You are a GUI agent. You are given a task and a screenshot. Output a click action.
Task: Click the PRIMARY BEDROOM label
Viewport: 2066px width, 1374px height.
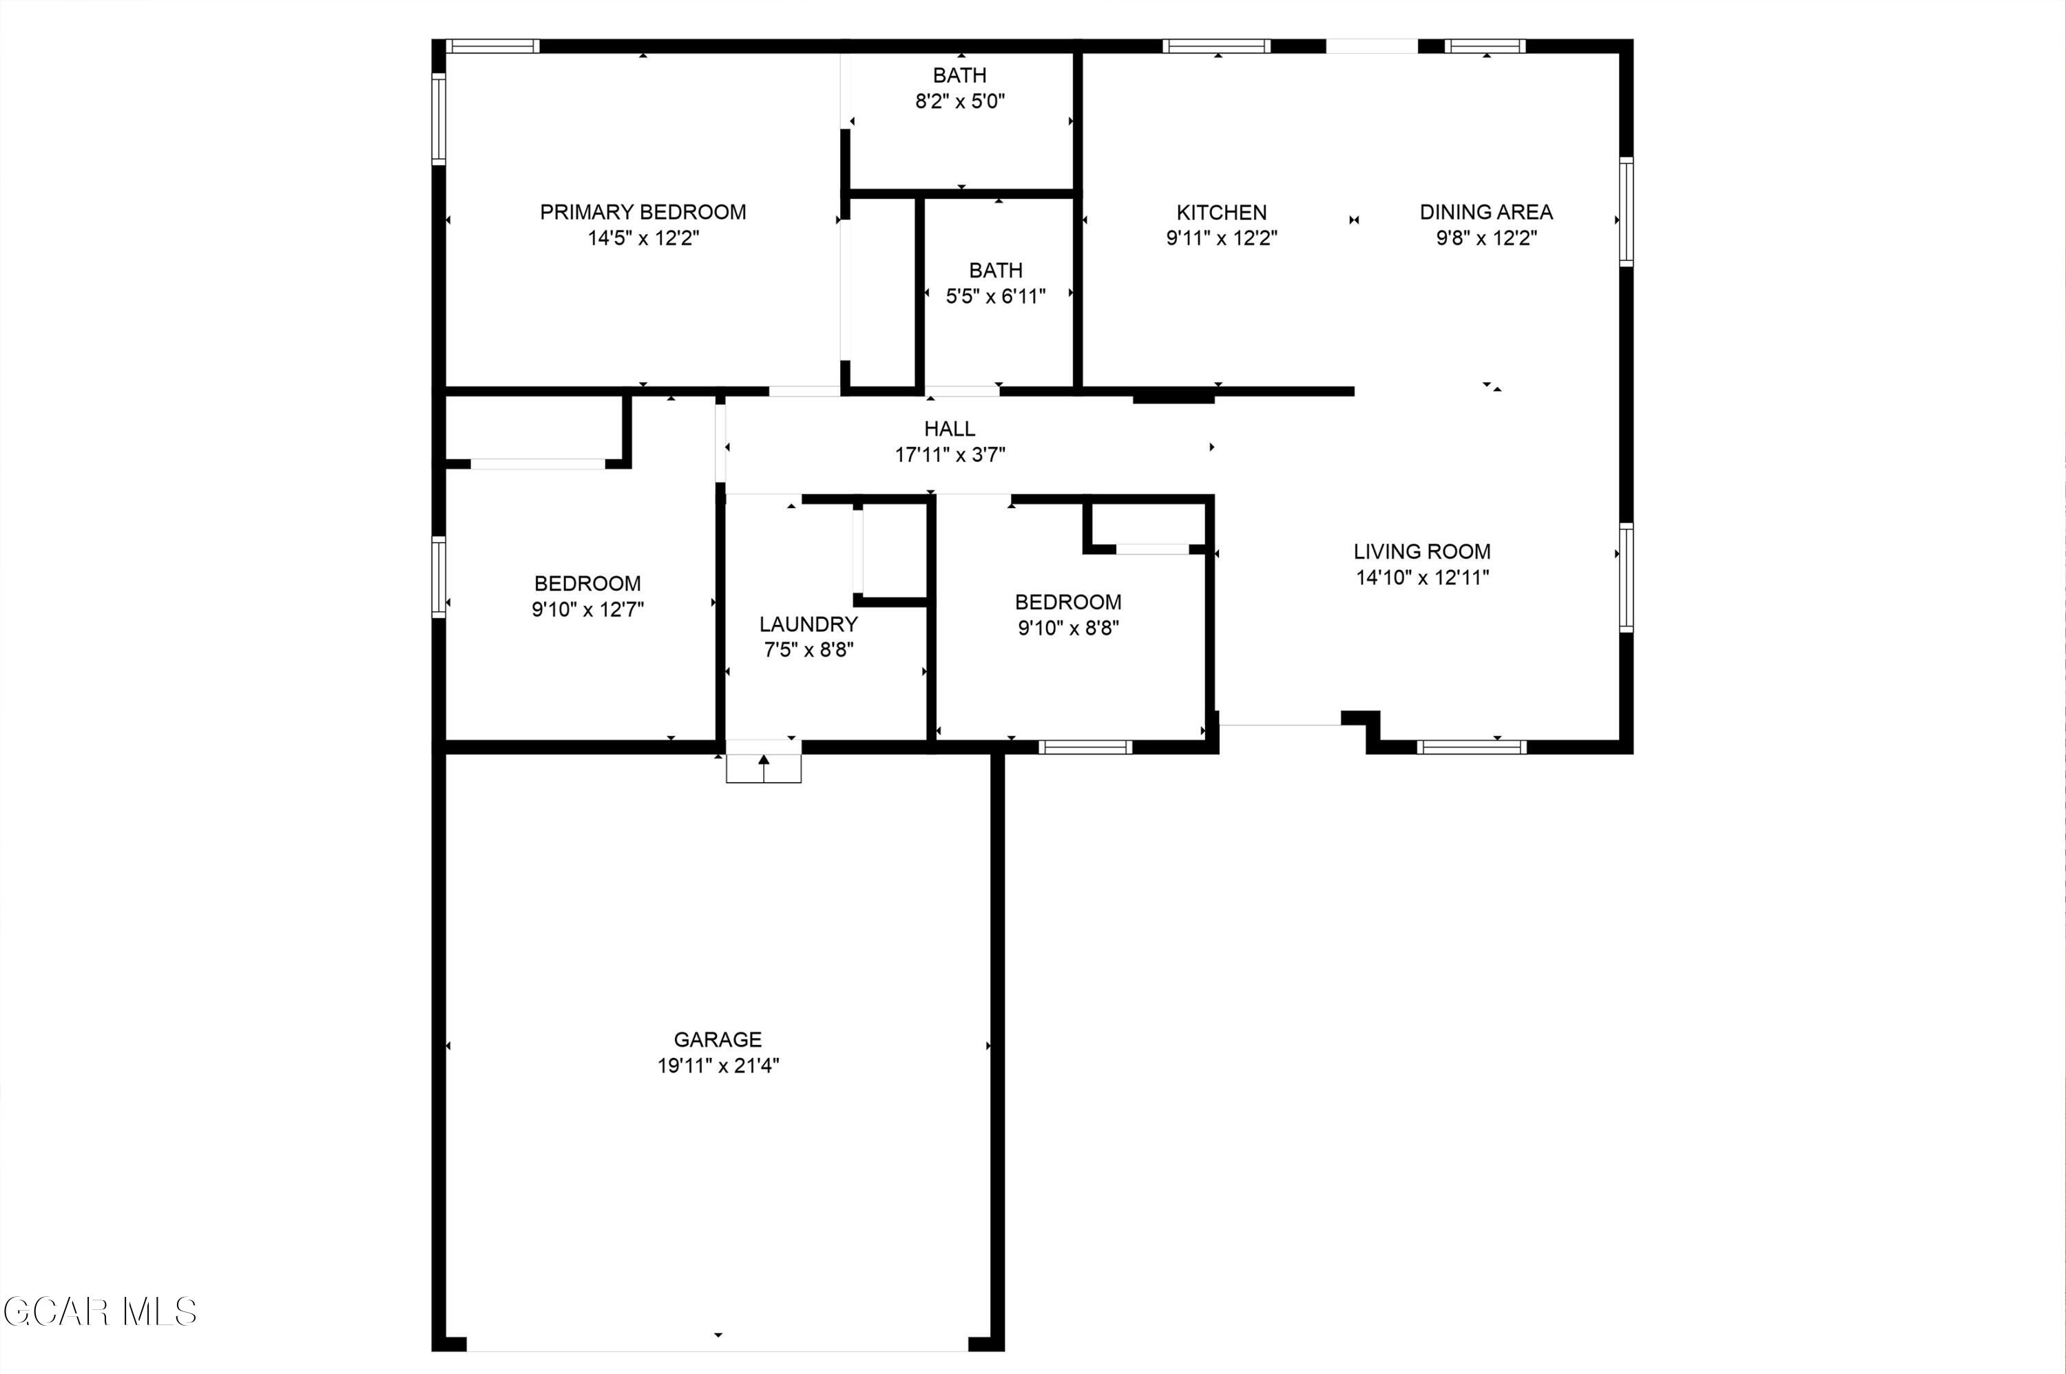point(643,212)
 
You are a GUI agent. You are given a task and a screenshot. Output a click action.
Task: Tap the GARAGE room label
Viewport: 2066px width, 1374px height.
point(717,1039)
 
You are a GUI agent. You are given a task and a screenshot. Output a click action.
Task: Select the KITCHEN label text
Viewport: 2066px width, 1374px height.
point(1221,212)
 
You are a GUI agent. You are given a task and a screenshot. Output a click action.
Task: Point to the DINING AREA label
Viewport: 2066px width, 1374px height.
point(1485,212)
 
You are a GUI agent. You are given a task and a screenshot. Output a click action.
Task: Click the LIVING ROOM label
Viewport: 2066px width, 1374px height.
point(1421,551)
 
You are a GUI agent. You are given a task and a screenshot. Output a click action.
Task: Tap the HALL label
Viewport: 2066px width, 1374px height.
point(949,428)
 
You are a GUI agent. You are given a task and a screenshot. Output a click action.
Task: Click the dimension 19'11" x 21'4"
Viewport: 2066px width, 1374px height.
point(718,1066)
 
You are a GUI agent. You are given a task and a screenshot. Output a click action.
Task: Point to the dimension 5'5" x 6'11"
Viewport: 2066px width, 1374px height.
point(995,296)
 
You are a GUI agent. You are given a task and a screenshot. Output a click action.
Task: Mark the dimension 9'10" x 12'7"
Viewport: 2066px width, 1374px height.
point(587,609)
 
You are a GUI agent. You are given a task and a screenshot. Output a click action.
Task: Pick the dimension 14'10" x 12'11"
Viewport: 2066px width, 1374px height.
point(1421,578)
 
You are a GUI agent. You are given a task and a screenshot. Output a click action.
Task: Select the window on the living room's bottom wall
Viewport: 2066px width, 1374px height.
point(1471,748)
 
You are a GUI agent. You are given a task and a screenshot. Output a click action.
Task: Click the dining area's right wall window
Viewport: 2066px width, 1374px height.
point(1626,212)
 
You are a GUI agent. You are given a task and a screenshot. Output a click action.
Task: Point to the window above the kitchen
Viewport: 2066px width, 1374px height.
point(1217,46)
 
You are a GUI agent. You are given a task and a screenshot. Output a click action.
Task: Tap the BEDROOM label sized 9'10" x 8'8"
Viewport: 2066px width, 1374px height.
point(1067,602)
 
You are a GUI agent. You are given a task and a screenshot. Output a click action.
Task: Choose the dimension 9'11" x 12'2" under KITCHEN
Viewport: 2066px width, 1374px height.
point(1221,238)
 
